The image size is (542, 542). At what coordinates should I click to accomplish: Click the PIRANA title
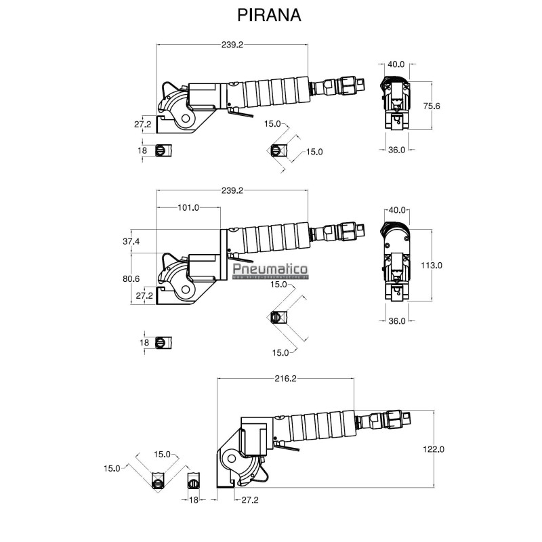click(269, 15)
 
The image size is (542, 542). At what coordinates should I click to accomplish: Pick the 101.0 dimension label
click(188, 208)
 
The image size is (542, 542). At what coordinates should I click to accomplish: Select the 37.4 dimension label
click(131, 241)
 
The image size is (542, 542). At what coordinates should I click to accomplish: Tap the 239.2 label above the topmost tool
click(232, 44)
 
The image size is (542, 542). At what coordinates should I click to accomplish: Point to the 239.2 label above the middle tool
click(232, 191)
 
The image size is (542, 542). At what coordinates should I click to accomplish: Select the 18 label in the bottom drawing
click(194, 499)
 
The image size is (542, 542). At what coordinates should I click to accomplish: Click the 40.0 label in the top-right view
click(396, 64)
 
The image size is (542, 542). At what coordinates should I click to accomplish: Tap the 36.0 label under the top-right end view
click(396, 150)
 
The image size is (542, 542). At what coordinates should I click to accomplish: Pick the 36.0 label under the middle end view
click(396, 321)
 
